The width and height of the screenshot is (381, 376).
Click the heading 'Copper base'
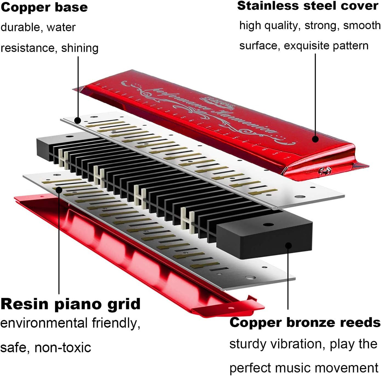(44, 8)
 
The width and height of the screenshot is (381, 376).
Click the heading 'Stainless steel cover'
(308, 6)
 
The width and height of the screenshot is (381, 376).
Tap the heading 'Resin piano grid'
(70, 304)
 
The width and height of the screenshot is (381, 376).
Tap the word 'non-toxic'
(63, 347)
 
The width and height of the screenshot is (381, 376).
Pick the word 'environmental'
(44, 323)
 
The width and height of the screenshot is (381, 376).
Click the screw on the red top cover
(325, 170)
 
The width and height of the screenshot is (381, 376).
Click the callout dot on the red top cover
(315, 139)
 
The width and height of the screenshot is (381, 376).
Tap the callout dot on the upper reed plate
(78, 120)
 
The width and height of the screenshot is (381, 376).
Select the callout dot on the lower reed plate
(59, 190)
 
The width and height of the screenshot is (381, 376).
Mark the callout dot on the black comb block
(289, 246)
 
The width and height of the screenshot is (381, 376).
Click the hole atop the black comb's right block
(267, 225)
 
